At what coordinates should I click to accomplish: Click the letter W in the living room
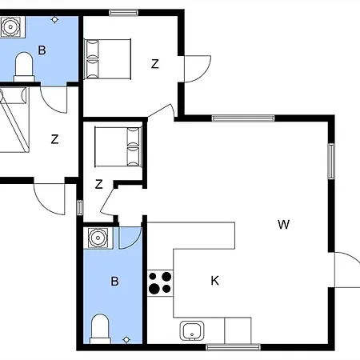(283, 224)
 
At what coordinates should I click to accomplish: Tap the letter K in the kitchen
(215, 281)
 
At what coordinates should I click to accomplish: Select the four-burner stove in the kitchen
(160, 283)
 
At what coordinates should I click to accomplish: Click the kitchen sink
(192, 330)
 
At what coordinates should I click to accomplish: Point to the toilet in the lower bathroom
(100, 329)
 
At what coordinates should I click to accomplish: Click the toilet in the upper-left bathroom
(24, 66)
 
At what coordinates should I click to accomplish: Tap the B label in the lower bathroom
(114, 281)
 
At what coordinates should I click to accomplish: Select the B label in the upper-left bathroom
(42, 50)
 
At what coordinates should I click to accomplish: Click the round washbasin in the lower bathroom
(98, 238)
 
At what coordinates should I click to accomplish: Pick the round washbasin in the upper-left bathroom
(10, 26)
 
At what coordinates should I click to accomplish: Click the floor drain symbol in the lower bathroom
(126, 340)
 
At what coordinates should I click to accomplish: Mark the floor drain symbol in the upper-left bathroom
(54, 20)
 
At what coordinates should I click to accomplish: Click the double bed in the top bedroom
(108, 59)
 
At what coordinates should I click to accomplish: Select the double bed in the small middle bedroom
(118, 147)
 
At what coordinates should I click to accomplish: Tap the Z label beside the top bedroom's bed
(155, 64)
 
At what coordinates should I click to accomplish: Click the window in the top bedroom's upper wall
(123, 13)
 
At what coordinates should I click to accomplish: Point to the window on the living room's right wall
(331, 161)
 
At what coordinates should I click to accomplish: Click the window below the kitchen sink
(233, 347)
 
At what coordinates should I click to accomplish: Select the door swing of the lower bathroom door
(130, 238)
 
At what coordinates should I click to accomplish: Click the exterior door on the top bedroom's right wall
(198, 69)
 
